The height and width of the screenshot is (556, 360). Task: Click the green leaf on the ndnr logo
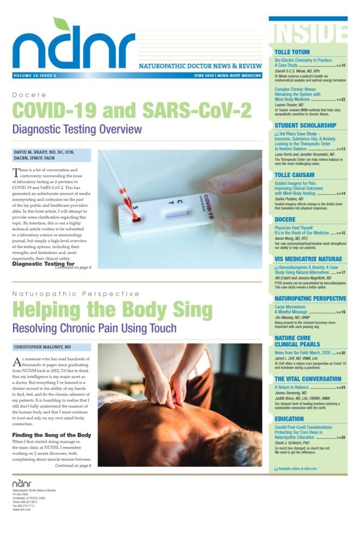(x=61, y=24)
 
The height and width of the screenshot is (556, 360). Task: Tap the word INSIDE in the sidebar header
(x=307, y=34)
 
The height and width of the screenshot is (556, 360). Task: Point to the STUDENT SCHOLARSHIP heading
(x=305, y=125)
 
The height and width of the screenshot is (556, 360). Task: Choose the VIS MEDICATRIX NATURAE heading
(x=308, y=259)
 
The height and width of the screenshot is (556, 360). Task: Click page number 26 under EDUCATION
(x=341, y=437)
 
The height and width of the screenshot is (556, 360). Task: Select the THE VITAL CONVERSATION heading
(x=308, y=379)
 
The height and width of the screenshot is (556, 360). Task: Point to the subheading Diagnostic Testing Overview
(x=77, y=129)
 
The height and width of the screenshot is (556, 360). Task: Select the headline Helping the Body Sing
(x=112, y=310)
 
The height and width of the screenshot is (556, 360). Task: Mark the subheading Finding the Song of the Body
(x=52, y=435)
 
